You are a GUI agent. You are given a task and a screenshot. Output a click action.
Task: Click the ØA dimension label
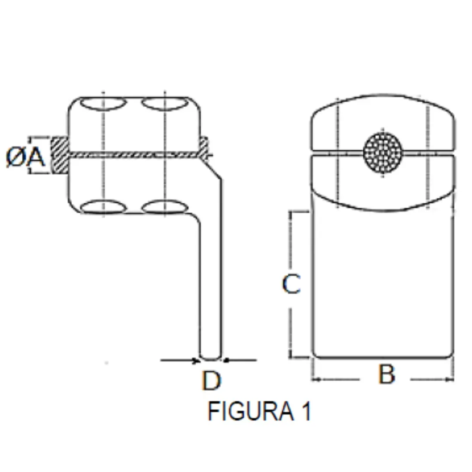tap(26, 157)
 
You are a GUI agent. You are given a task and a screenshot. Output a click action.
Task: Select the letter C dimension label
tap(292, 284)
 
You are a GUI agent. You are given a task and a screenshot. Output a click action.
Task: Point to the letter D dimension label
tap(212, 381)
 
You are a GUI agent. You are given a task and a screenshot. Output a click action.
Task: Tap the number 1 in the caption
tap(306, 411)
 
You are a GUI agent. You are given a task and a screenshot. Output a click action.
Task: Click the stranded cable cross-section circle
tap(382, 153)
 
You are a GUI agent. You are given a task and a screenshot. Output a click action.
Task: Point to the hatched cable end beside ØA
tap(59, 155)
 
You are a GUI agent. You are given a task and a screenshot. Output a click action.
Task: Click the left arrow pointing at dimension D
tap(180, 360)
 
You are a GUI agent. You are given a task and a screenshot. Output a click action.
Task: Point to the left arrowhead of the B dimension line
tap(316, 380)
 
